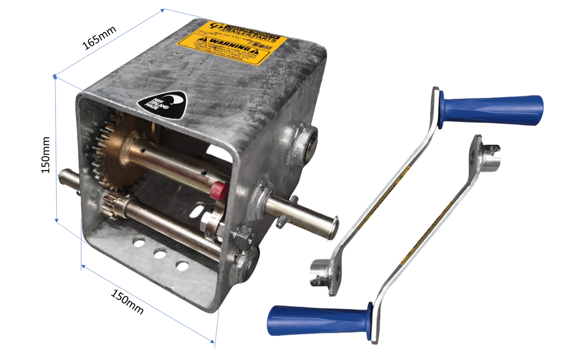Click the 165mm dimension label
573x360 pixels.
click(99, 38)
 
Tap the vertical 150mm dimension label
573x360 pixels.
click(46, 155)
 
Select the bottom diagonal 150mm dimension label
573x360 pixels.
click(127, 302)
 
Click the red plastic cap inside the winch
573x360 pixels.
click(218, 190)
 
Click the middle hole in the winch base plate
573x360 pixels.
click(160, 253)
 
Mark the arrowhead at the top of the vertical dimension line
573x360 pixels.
click(55, 76)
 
